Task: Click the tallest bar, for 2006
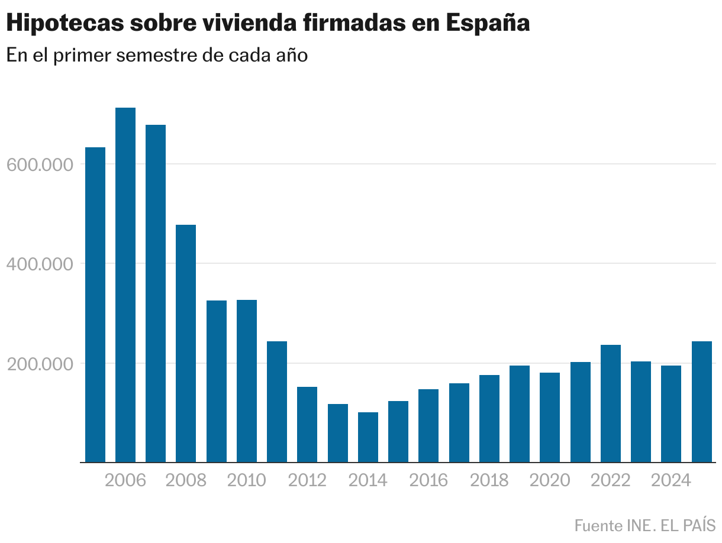125,285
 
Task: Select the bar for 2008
186,343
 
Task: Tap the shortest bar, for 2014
368,437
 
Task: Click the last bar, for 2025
702,402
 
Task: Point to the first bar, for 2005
95,305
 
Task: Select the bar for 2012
307,424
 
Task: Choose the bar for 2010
247,381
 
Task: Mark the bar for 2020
550,417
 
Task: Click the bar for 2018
489,418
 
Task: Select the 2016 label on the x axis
428,480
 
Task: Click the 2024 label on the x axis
671,480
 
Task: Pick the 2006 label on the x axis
125,480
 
